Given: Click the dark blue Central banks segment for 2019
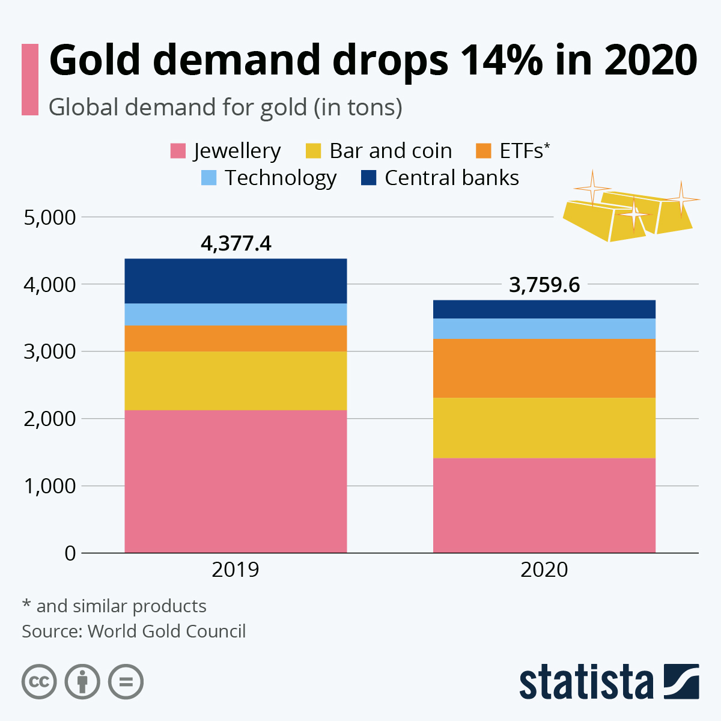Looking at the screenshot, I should coord(236,281).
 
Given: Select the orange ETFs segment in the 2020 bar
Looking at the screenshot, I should coord(544,368).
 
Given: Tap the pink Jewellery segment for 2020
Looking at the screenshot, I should coord(544,505).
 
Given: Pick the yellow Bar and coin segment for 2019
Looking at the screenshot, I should coord(236,380).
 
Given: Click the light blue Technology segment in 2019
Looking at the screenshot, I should coord(236,314).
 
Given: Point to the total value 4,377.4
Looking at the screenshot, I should coord(236,243).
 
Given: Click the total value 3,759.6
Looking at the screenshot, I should coord(544,285).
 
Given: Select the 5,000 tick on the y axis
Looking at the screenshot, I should coord(50,217).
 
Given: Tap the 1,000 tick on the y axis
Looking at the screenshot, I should coord(50,486).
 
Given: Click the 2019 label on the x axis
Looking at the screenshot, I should coord(236,569).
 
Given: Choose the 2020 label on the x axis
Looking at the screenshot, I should coord(544,569).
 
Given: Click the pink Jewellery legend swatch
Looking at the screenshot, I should coord(178,151).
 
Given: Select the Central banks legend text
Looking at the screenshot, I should coord(451,178).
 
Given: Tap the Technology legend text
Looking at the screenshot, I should coord(280,178).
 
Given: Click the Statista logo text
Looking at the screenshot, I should coord(586,682).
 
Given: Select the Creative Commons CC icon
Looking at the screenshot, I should coord(39,682).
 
